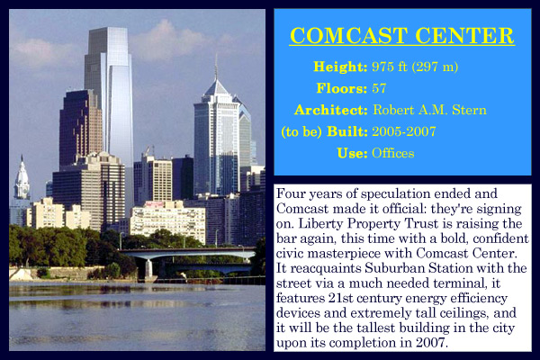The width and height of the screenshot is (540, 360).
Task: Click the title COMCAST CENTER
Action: pyautogui.click(x=402, y=35)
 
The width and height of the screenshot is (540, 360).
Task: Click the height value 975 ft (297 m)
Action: pyautogui.click(x=415, y=67)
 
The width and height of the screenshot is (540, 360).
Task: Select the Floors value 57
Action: pyautogui.click(x=379, y=88)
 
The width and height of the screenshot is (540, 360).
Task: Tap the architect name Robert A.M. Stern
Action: pyautogui.click(x=429, y=110)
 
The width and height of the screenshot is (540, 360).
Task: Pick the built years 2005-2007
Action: pyautogui.click(x=404, y=131)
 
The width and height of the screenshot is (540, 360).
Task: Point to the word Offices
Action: pyautogui.click(x=393, y=153)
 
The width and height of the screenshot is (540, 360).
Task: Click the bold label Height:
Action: pyautogui.click(x=340, y=67)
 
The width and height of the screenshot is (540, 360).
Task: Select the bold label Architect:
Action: pyautogui.click(x=331, y=110)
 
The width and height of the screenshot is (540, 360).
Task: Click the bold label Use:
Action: pyautogui.click(x=352, y=153)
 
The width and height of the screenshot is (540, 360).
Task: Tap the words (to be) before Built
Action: pyautogui.click(x=301, y=131)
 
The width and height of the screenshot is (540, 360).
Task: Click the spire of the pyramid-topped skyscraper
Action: pyautogui.click(x=216, y=67)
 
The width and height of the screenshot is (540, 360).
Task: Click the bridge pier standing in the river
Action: pyautogui.click(x=148, y=269)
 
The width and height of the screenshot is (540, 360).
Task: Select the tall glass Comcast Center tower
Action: pyautogui.click(x=110, y=93)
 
